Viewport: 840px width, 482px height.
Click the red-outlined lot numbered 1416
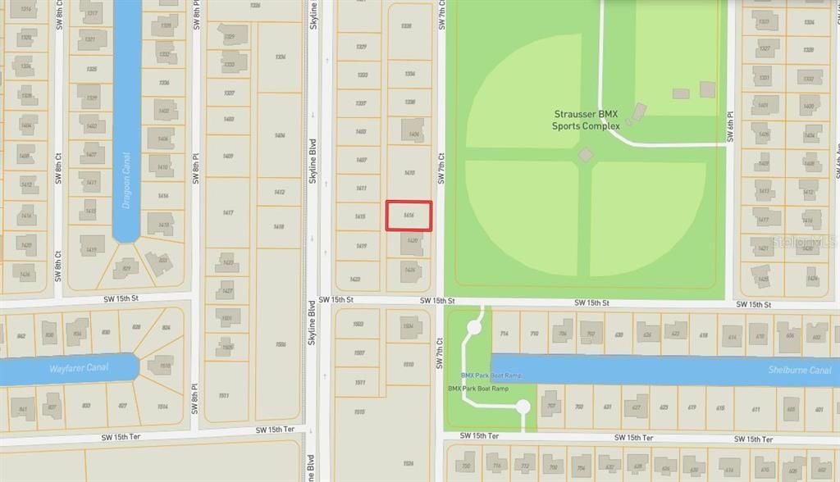tap(409, 215)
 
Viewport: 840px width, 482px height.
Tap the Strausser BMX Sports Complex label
tap(585, 120)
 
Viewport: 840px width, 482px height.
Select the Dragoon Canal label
tap(127, 179)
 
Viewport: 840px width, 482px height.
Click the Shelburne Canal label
tap(799, 370)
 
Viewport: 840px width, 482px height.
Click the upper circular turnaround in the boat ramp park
tap(473, 327)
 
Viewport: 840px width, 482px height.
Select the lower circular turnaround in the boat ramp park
tap(523, 407)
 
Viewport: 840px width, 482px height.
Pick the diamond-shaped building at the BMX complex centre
tap(586, 154)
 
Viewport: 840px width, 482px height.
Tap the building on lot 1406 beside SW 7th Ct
tap(412, 130)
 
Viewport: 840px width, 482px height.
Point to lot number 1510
tap(409, 363)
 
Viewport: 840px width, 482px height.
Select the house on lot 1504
tap(408, 326)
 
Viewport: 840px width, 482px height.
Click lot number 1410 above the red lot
tap(409, 173)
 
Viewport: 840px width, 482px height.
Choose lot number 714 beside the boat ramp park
tap(504, 334)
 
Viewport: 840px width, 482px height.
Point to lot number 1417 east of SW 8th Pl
tap(228, 212)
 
